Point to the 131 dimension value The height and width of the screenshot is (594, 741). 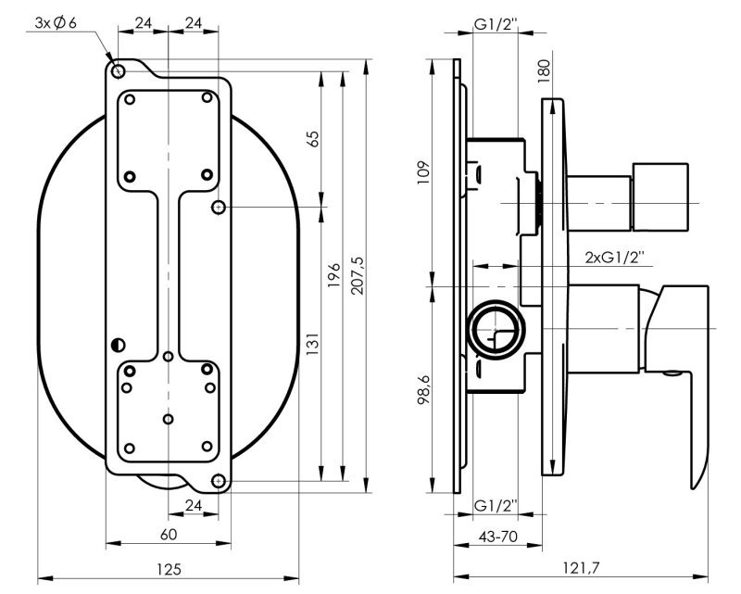(312, 345)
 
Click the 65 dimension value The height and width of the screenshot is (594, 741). (312, 138)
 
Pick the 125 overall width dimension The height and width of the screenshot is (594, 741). (169, 567)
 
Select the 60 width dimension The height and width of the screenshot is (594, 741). (168, 535)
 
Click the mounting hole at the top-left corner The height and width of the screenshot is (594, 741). (118, 71)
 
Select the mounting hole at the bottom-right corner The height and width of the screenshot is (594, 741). (220, 480)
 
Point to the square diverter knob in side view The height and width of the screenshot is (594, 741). (661, 196)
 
